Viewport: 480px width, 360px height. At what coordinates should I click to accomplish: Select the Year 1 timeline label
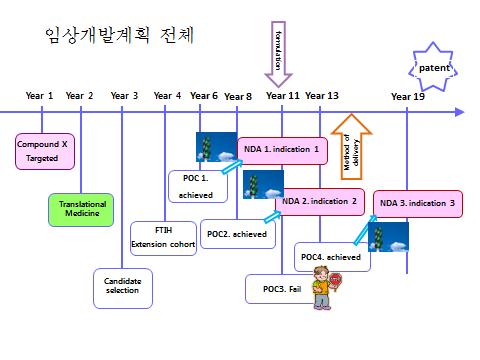[x=39, y=96]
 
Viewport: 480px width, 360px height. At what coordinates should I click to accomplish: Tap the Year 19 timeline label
[x=407, y=96]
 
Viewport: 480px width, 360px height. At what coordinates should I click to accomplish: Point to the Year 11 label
[x=282, y=96]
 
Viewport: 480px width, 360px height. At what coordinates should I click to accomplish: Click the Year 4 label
[x=167, y=96]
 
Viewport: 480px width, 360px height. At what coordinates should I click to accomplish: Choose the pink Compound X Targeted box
[x=42, y=151]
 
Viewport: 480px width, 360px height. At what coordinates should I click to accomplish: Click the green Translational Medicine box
[x=82, y=209]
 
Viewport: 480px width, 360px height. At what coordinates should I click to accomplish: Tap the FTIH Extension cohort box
[x=163, y=238]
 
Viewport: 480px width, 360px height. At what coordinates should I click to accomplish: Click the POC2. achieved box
[x=236, y=232]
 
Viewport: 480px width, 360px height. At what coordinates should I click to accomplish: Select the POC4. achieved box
[x=330, y=257]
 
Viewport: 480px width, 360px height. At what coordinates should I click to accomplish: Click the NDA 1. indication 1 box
[x=282, y=150]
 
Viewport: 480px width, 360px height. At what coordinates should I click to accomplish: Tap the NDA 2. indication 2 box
[x=319, y=201]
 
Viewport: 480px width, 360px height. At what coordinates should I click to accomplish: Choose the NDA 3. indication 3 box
[x=418, y=203]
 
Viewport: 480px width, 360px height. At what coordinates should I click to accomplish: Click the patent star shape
[x=433, y=69]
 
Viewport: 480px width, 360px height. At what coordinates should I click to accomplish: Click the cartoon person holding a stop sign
[x=323, y=291]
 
